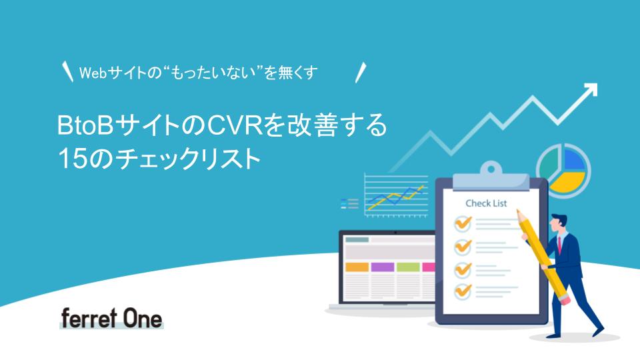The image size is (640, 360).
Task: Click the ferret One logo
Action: coord(111,319)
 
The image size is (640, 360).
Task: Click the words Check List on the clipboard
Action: coord(486,203)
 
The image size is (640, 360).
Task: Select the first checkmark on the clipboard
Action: coord(463,223)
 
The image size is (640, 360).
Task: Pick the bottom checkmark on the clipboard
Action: coord(463,291)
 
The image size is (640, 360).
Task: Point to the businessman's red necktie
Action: coord(559,245)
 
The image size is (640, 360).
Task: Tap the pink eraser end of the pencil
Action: coord(565,300)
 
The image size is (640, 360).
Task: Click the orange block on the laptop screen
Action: coord(357,267)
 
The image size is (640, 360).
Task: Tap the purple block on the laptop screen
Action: coord(383,267)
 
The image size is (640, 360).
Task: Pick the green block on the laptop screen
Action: coord(408,267)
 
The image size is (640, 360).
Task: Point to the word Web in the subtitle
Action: coord(93,73)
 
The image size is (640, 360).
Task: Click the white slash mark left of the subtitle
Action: coord(67,71)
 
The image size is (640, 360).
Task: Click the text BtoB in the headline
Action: coord(85,126)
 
